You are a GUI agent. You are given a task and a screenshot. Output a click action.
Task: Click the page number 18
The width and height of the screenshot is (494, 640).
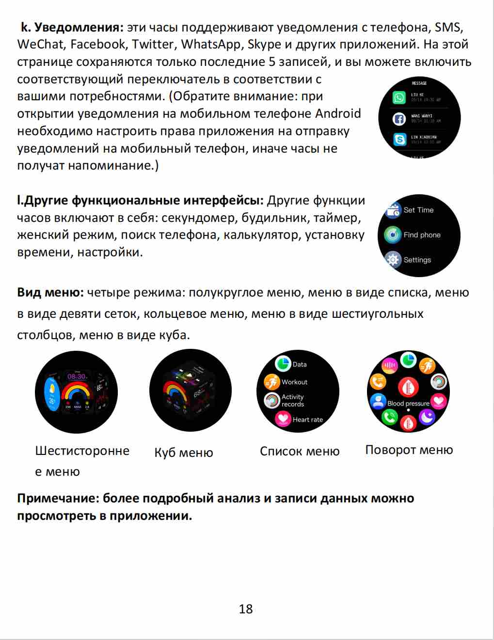point(246,609)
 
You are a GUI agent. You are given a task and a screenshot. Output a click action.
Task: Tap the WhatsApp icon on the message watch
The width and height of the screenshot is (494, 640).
point(399,97)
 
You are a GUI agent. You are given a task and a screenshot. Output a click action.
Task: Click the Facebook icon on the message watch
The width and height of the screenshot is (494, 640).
point(399,119)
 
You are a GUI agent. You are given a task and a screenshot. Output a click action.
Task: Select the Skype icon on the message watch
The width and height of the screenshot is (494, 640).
point(399,140)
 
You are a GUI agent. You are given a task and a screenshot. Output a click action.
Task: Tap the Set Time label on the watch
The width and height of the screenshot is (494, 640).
point(418,210)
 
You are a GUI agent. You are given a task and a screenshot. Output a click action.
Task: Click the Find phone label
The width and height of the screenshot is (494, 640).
point(422,235)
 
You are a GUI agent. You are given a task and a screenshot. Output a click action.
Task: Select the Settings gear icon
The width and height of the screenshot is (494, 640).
point(393,260)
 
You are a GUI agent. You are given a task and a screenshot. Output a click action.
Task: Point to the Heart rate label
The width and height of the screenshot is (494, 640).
point(307,420)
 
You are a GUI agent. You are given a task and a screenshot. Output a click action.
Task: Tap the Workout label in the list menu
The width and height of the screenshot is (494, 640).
point(294,382)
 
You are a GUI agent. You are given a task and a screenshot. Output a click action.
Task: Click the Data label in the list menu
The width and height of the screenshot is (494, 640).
point(299,364)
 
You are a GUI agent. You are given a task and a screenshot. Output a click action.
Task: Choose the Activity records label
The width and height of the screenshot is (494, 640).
point(293,401)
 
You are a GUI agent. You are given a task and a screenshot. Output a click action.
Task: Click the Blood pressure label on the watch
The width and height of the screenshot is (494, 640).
point(408,404)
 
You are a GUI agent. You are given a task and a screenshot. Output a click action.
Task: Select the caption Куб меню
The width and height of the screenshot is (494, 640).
point(184,453)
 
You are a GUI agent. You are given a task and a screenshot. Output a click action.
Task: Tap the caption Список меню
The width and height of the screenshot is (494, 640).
point(300,452)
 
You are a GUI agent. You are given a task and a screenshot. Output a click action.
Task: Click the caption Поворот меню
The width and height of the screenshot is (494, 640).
point(409,450)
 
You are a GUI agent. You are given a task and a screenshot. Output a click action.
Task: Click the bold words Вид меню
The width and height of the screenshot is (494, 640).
point(50,293)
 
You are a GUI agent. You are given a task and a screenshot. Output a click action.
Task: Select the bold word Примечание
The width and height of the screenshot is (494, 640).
point(58,499)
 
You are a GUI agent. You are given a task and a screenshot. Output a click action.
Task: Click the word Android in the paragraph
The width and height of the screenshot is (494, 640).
point(338,114)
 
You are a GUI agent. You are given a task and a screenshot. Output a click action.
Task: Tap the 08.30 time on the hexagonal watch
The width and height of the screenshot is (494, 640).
point(77,376)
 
